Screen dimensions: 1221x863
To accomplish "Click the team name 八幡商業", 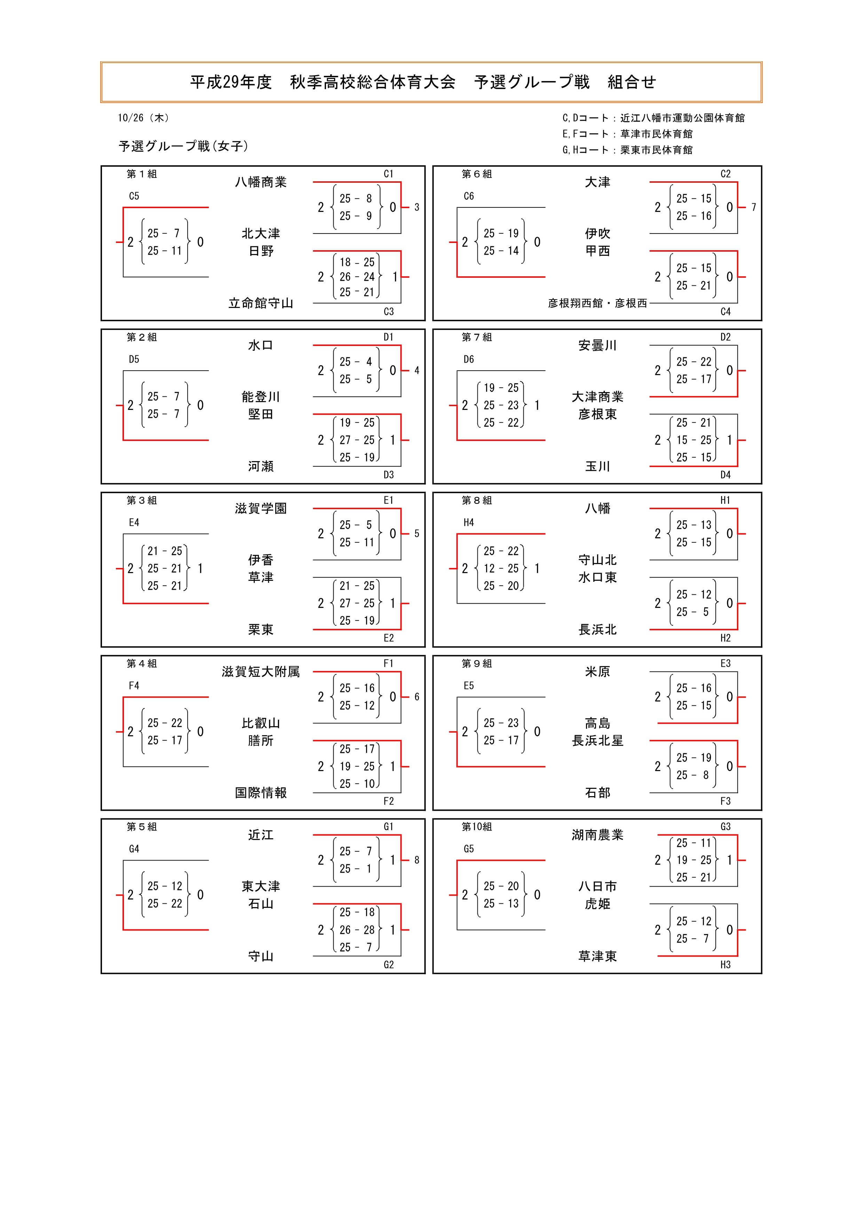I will pyautogui.click(x=261, y=182).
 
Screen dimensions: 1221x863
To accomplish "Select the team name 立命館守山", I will pyautogui.click(x=261, y=303).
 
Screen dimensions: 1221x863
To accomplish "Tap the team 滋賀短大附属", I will pyautogui.click(x=261, y=672).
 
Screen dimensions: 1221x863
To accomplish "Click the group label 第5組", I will pyautogui.click(x=141, y=826).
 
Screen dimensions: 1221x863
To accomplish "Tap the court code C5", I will pyautogui.click(x=134, y=196).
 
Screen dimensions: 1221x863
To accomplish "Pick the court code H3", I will pyautogui.click(x=725, y=964).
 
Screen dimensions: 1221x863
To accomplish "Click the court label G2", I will pyautogui.click(x=389, y=964).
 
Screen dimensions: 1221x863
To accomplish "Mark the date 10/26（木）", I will pyautogui.click(x=144, y=118).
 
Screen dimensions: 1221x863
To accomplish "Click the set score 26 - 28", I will pyautogui.click(x=357, y=929).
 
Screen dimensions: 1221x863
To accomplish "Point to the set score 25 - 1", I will pyautogui.click(x=356, y=869).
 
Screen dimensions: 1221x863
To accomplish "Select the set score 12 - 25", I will pyautogui.click(x=501, y=569).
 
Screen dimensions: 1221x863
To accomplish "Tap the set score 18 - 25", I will pyautogui.click(x=357, y=262).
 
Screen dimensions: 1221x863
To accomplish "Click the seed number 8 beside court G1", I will pyautogui.click(x=417, y=860).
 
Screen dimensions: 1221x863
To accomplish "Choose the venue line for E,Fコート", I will pyautogui.click(x=627, y=134).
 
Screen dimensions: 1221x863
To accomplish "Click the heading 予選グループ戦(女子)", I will pyautogui.click(x=183, y=146).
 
